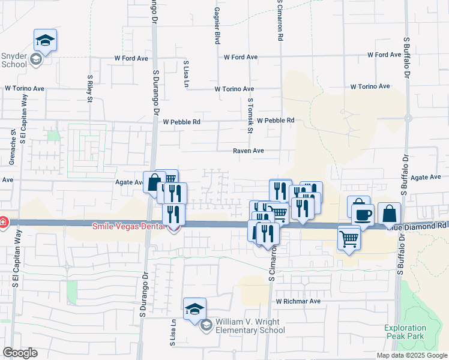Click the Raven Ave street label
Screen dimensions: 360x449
pyautogui.click(x=249, y=151)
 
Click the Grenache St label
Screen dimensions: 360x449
pyautogui.click(x=13, y=146)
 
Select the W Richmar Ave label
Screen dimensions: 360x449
pyautogui.click(x=298, y=301)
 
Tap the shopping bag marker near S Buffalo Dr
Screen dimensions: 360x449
pyautogui.click(x=390, y=213)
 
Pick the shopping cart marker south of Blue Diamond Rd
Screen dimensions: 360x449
pyautogui.click(x=349, y=239)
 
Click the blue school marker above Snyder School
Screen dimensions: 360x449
pyautogui.click(x=45, y=40)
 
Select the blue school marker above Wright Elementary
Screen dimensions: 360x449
pyautogui.click(x=194, y=309)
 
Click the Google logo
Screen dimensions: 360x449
pyautogui.click(x=20, y=353)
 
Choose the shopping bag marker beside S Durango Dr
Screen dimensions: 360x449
pyautogui.click(x=154, y=181)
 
